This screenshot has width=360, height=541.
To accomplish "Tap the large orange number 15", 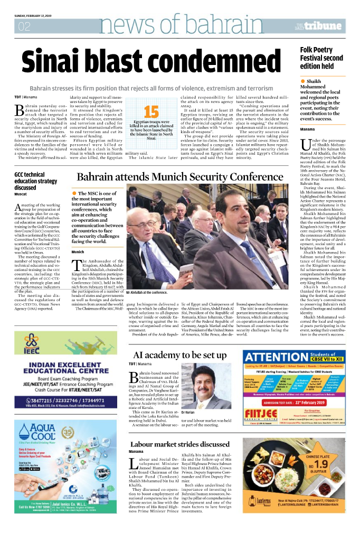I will pos(151,112).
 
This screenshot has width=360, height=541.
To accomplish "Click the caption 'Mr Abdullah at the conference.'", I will pos(146,292).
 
